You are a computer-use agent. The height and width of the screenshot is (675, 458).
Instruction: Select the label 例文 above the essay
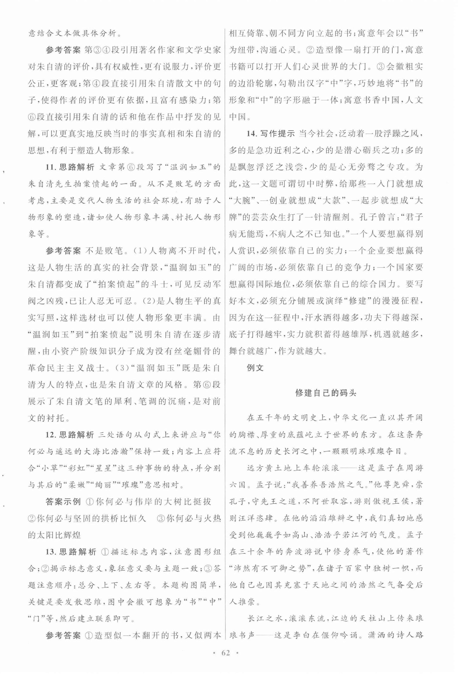coord(255,368)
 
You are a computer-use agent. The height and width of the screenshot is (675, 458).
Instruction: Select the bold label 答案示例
coord(63,502)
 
